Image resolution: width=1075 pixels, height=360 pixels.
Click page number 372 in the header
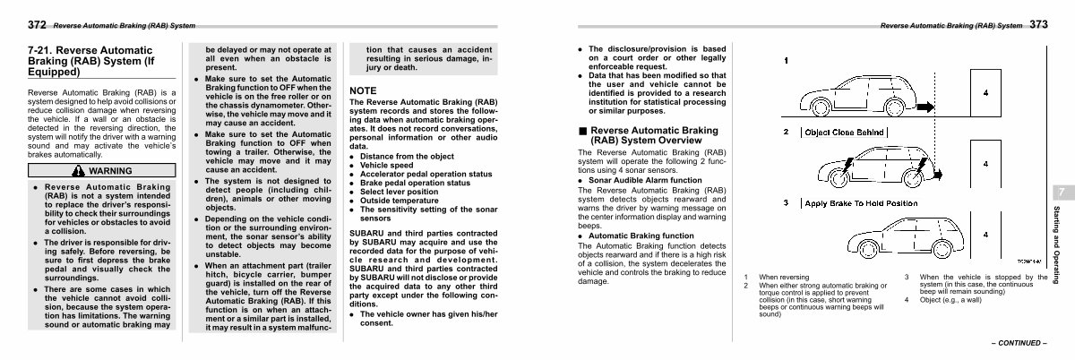(37, 24)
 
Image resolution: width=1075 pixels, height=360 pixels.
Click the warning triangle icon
(81, 170)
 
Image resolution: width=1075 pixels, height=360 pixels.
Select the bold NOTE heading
(363, 90)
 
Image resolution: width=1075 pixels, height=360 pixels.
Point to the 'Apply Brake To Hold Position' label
(861, 203)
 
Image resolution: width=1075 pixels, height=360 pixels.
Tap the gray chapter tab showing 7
(1060, 193)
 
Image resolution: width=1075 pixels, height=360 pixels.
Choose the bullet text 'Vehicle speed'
(388, 166)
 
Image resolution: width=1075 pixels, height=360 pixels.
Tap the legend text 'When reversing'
(784, 278)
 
